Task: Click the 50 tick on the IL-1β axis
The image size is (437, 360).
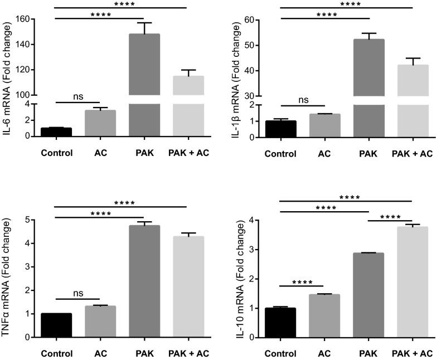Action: pyautogui.click(x=265, y=45)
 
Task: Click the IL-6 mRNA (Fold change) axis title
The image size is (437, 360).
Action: pyautogui.click(x=9, y=72)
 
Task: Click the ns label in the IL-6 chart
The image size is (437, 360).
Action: pyautogui.click(x=77, y=97)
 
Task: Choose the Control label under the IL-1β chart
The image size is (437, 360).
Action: pyautogui.click(x=280, y=153)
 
